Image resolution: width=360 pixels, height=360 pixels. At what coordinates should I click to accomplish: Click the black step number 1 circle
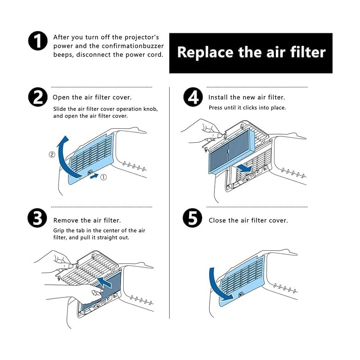tap(38, 41)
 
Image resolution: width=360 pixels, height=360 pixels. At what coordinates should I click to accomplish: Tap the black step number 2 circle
tap(38, 97)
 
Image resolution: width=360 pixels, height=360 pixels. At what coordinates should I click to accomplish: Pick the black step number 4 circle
tap(193, 97)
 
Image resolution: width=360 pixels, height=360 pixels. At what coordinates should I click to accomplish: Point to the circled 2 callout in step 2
tap(52, 155)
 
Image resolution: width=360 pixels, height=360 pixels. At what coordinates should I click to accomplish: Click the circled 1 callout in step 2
tap(103, 177)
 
